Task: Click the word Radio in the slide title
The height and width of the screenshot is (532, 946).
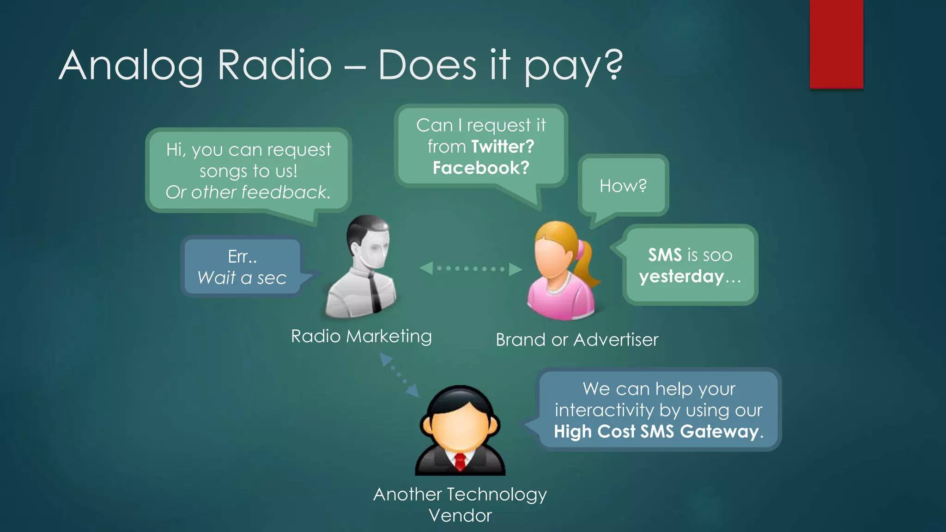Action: point(274,66)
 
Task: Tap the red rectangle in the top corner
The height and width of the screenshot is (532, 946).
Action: point(836,44)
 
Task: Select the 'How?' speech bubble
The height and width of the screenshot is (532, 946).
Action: point(623,186)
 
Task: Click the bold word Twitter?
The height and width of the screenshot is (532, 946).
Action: point(503,147)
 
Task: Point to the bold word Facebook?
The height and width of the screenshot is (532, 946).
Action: point(481,168)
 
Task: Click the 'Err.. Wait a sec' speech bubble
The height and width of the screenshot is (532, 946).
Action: point(242,267)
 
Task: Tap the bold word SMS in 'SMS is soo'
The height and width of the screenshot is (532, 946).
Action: point(665,255)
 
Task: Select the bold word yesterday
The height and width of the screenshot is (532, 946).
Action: point(681,277)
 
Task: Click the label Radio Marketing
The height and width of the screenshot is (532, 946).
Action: point(361,336)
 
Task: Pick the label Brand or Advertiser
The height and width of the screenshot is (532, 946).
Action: point(577,340)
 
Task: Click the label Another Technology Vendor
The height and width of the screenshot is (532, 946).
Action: point(460,504)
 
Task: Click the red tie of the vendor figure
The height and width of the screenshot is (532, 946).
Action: point(460,462)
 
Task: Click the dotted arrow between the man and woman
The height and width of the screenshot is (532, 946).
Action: point(470,268)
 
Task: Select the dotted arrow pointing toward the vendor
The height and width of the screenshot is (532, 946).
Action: point(399,375)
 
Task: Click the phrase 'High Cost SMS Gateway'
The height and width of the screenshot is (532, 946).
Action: point(656,431)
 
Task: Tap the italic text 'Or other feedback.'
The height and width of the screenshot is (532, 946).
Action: point(248,192)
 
